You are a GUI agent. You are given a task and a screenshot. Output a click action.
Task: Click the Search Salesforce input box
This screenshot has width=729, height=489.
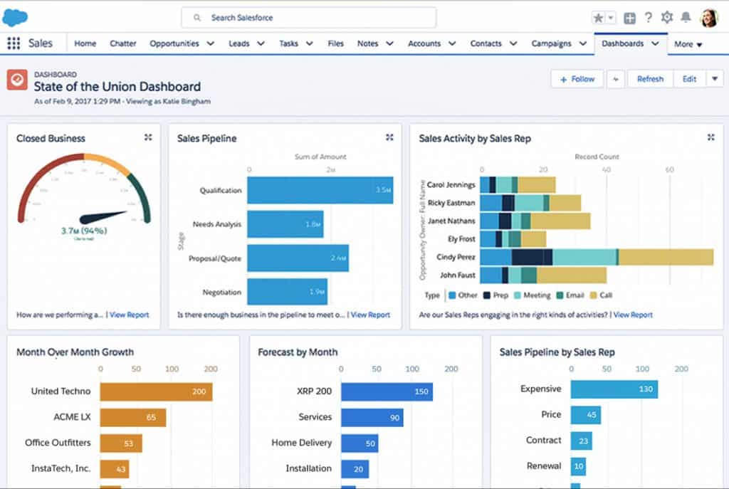click(x=308, y=18)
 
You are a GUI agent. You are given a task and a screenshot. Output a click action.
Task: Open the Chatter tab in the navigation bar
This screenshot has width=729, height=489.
click(x=123, y=43)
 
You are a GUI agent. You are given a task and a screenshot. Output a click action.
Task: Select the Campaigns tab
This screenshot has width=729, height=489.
click(x=551, y=43)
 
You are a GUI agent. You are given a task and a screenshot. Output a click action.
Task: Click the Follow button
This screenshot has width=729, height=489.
click(x=577, y=79)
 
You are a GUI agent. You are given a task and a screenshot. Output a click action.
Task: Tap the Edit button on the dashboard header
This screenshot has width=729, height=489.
click(x=689, y=79)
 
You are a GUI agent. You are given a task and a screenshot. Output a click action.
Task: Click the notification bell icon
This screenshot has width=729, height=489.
click(x=686, y=18)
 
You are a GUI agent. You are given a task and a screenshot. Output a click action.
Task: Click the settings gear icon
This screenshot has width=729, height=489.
click(x=667, y=18)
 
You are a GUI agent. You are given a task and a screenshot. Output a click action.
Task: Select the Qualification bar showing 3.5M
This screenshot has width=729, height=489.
click(x=320, y=190)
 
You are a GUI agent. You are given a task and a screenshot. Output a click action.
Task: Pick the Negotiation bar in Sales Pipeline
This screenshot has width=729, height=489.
click(x=287, y=292)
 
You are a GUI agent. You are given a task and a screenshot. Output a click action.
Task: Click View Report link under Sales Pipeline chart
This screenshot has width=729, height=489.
click(x=370, y=315)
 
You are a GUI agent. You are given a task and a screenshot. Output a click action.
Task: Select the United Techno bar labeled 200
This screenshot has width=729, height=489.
click(x=156, y=391)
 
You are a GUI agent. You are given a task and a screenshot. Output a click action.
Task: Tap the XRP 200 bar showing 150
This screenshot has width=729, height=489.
click(x=387, y=391)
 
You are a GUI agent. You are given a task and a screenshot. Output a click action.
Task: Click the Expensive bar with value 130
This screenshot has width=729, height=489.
click(x=614, y=389)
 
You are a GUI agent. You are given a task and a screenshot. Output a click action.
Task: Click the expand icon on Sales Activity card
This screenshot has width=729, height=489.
click(x=710, y=137)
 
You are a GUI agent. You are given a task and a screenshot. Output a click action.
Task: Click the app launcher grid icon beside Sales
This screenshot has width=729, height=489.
click(x=14, y=43)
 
